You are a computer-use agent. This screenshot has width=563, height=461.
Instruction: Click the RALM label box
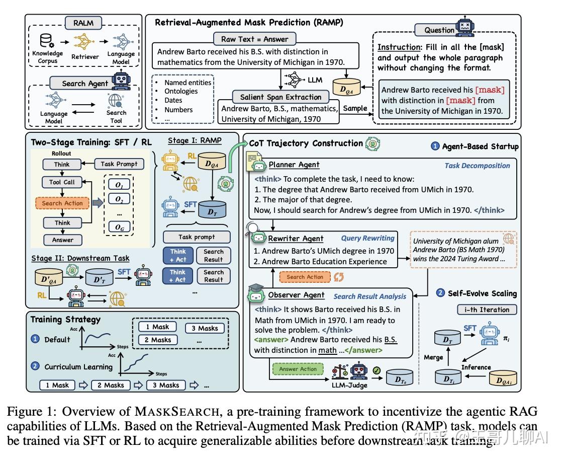tap(83, 23)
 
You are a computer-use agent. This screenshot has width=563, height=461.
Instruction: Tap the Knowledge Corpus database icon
tap(47, 41)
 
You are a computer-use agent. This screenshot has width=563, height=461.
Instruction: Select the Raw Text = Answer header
tap(254, 39)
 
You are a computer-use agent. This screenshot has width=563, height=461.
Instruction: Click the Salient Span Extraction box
tap(280, 97)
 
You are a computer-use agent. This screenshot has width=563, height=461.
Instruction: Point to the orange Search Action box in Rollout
tap(62, 203)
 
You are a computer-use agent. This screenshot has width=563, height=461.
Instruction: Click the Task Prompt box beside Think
tap(119, 164)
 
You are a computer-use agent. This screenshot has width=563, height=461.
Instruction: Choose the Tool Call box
tap(62, 182)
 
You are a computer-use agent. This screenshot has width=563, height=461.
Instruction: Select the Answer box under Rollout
tap(62, 240)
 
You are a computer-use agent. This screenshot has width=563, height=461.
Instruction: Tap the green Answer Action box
tap(298, 369)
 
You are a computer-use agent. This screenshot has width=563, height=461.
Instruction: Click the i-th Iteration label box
tap(487, 310)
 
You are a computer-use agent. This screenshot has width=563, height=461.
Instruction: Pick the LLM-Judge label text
tap(349, 385)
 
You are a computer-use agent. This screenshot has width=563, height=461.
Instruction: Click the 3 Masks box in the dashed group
tap(205, 328)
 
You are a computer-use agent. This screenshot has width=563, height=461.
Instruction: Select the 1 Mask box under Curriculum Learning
tap(57, 385)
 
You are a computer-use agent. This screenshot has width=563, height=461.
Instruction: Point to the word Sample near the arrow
tap(355, 108)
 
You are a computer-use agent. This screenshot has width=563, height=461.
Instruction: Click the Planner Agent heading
tap(294, 165)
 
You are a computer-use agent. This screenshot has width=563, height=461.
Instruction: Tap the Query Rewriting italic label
tap(367, 238)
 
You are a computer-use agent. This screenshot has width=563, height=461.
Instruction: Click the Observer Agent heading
tap(296, 295)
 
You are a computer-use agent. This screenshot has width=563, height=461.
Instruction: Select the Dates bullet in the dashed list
tap(173, 100)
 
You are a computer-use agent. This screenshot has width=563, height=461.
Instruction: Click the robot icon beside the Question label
tap(465, 26)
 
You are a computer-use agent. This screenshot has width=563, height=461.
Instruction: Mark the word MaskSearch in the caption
tap(176, 412)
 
